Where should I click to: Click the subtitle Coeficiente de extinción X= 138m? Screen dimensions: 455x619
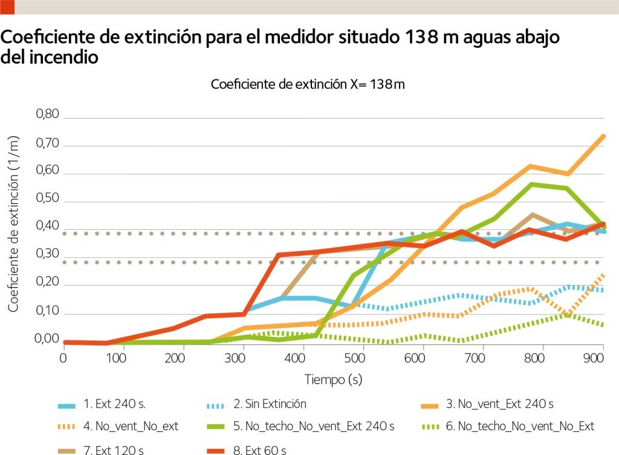click(x=308, y=85)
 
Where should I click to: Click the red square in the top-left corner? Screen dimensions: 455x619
click(x=7, y=7)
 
